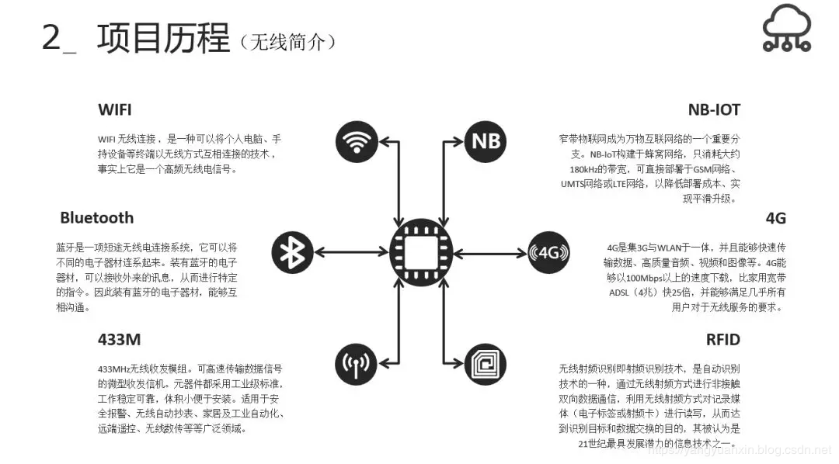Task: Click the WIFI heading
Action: coord(114,109)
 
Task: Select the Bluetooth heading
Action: coord(96,217)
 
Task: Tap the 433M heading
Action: coord(120,339)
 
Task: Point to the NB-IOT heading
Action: coord(713,109)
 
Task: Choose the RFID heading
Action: coord(722,339)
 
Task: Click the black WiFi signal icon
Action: coord(357,141)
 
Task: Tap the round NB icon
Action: coord(486,141)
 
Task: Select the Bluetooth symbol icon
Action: coord(292,251)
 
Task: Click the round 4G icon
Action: coord(548,251)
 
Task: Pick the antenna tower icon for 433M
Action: coord(357,362)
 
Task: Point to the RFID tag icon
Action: coord(486,362)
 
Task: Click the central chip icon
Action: coord(421,251)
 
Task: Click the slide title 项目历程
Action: coord(163,38)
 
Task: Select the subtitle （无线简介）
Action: coord(288,42)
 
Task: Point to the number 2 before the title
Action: coord(51,39)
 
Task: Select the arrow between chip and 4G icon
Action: coord(490,251)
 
